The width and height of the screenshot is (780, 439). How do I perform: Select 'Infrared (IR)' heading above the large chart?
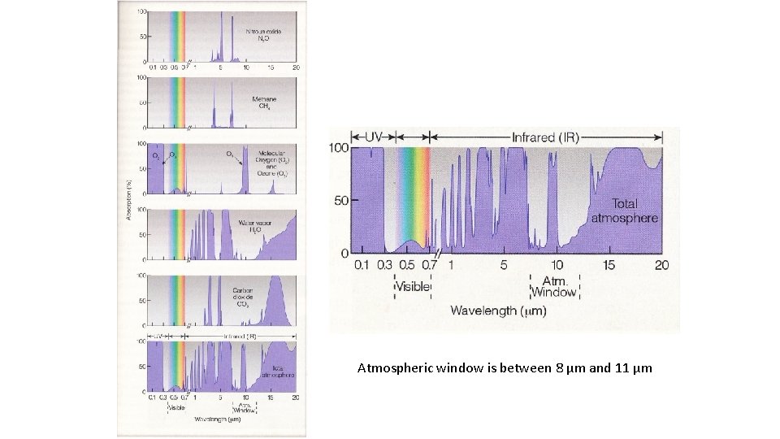click(545, 137)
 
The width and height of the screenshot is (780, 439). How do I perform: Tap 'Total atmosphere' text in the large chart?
click(623, 211)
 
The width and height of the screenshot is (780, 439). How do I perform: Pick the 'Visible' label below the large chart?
click(413, 287)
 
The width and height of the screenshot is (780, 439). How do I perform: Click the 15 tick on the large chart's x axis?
click(609, 265)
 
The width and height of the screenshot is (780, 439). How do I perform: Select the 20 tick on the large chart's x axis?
click(661, 265)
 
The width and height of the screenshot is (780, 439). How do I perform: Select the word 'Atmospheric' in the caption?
click(389, 368)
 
